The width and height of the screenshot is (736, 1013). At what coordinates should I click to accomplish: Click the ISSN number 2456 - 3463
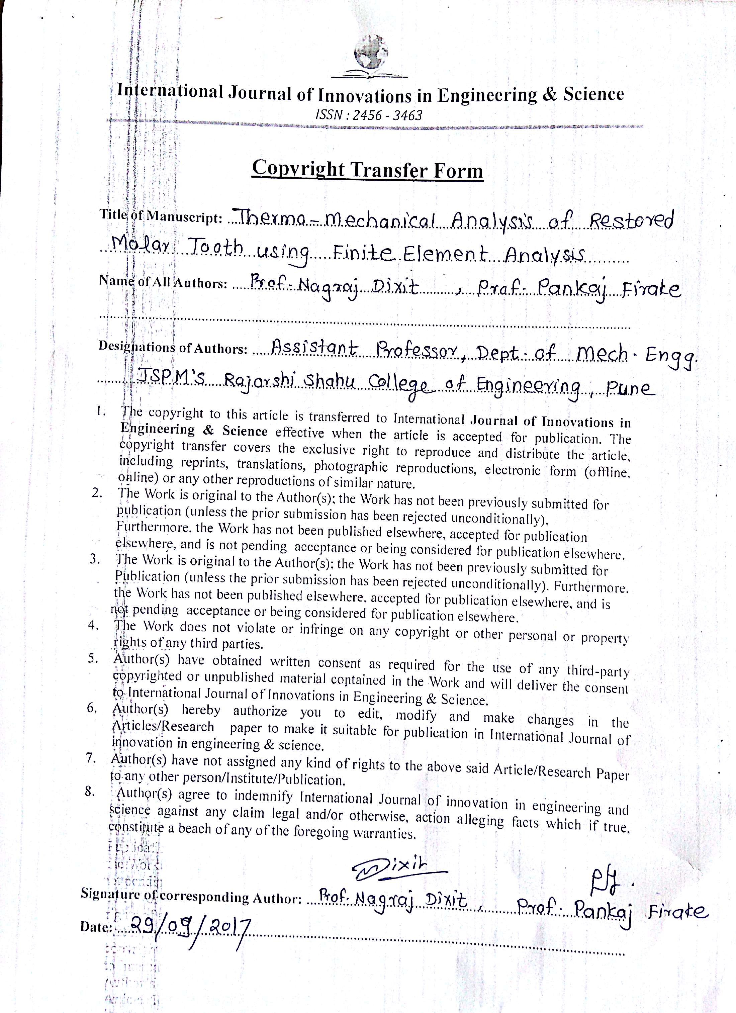tap(368, 115)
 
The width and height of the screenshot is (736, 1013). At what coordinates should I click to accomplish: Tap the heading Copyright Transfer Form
tap(367, 170)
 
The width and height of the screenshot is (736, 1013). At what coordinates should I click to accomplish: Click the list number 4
tap(93, 625)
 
